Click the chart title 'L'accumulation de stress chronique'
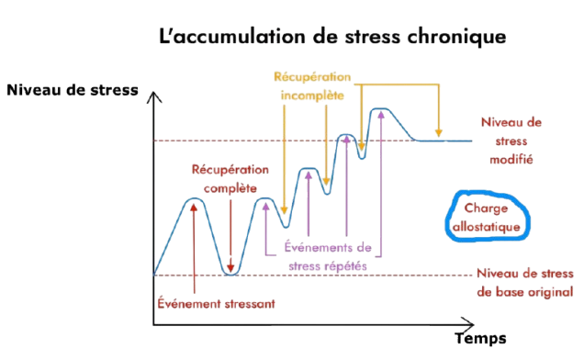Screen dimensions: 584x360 pyautogui.click(x=332, y=37)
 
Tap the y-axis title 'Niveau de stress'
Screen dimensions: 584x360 pyautogui.click(x=73, y=90)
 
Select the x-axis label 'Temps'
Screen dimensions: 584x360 pyautogui.click(x=480, y=338)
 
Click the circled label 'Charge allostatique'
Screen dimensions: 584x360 pyautogui.click(x=486, y=218)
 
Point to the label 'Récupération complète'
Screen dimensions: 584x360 pyautogui.click(x=230, y=179)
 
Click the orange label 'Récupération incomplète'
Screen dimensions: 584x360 pyautogui.click(x=312, y=86)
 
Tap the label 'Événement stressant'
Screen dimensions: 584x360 pyautogui.click(x=216, y=303)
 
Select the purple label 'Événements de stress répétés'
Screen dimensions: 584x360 pyautogui.click(x=328, y=256)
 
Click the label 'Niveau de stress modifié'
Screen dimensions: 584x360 pyautogui.click(x=511, y=141)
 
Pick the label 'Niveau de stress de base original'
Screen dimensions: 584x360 pyautogui.click(x=525, y=283)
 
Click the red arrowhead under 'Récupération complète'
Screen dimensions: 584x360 pyautogui.click(x=230, y=268)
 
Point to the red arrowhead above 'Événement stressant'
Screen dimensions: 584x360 pyautogui.click(x=194, y=208)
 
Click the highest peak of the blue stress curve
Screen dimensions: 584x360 pyautogui.click(x=380, y=108)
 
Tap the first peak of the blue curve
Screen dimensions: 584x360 pyautogui.click(x=194, y=198)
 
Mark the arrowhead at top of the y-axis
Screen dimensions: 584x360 pyautogui.click(x=153, y=97)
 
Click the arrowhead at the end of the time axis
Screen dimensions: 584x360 pyautogui.click(x=468, y=324)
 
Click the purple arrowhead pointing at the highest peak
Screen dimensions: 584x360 pyautogui.click(x=381, y=115)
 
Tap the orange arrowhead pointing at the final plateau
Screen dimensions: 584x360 pyautogui.click(x=439, y=132)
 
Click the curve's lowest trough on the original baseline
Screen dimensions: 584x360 pyautogui.click(x=230, y=275)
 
